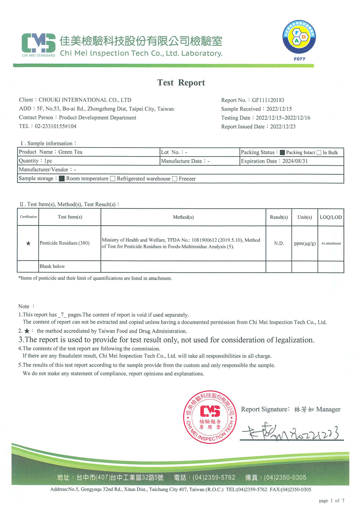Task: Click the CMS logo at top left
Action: pyautogui.click(x=39, y=44)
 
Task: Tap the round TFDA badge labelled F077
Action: pyautogui.click(x=299, y=37)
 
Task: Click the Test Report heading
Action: pyautogui.click(x=181, y=83)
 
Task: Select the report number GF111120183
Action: pyautogui.click(x=268, y=100)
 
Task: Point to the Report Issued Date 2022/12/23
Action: pyautogui.click(x=283, y=127)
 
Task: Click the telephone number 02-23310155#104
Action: pyautogui.click(x=55, y=126)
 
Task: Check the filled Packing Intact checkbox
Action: pyautogui.click(x=282, y=153)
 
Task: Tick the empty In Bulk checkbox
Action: pyautogui.click(x=319, y=153)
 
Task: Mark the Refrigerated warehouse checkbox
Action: pyautogui.click(x=113, y=179)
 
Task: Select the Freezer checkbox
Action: pyautogui.click(x=175, y=179)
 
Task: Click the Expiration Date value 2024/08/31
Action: pyautogui.click(x=295, y=161)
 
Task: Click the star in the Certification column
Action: pyautogui.click(x=28, y=244)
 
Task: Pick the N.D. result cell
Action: pyautogui.click(x=279, y=244)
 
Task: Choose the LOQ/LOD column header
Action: pyautogui.click(x=330, y=217)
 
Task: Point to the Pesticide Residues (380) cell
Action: pyautogui.click(x=64, y=243)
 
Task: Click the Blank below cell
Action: pyautogui.click(x=52, y=267)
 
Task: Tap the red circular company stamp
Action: pyautogui.click(x=210, y=417)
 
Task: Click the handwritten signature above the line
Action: pyautogui.click(x=288, y=432)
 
